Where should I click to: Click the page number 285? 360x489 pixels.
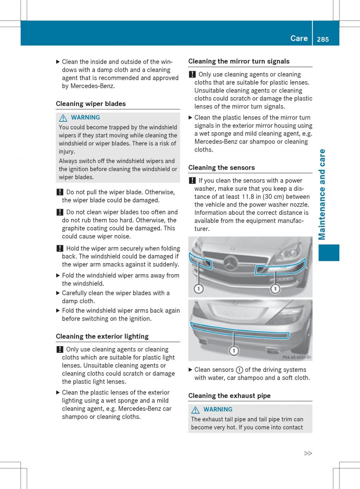[322, 39]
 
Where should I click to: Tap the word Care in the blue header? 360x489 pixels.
[299, 38]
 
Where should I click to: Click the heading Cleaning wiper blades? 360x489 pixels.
[91, 104]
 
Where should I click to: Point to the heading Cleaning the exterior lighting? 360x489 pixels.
[102, 336]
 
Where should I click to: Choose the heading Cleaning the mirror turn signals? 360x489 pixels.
[239, 61]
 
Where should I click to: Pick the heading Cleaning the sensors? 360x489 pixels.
[222, 167]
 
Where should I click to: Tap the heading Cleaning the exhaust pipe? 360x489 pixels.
[229, 395]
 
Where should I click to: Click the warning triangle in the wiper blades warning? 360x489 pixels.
[63, 117]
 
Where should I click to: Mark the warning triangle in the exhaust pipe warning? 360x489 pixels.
[195, 410]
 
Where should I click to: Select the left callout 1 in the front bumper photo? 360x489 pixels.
[198, 289]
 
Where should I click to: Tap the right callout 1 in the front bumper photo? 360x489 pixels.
[276, 289]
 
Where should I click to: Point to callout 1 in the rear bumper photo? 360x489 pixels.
[234, 350]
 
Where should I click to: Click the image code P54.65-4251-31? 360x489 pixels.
[297, 357]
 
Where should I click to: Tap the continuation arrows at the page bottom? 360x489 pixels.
[308, 453]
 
